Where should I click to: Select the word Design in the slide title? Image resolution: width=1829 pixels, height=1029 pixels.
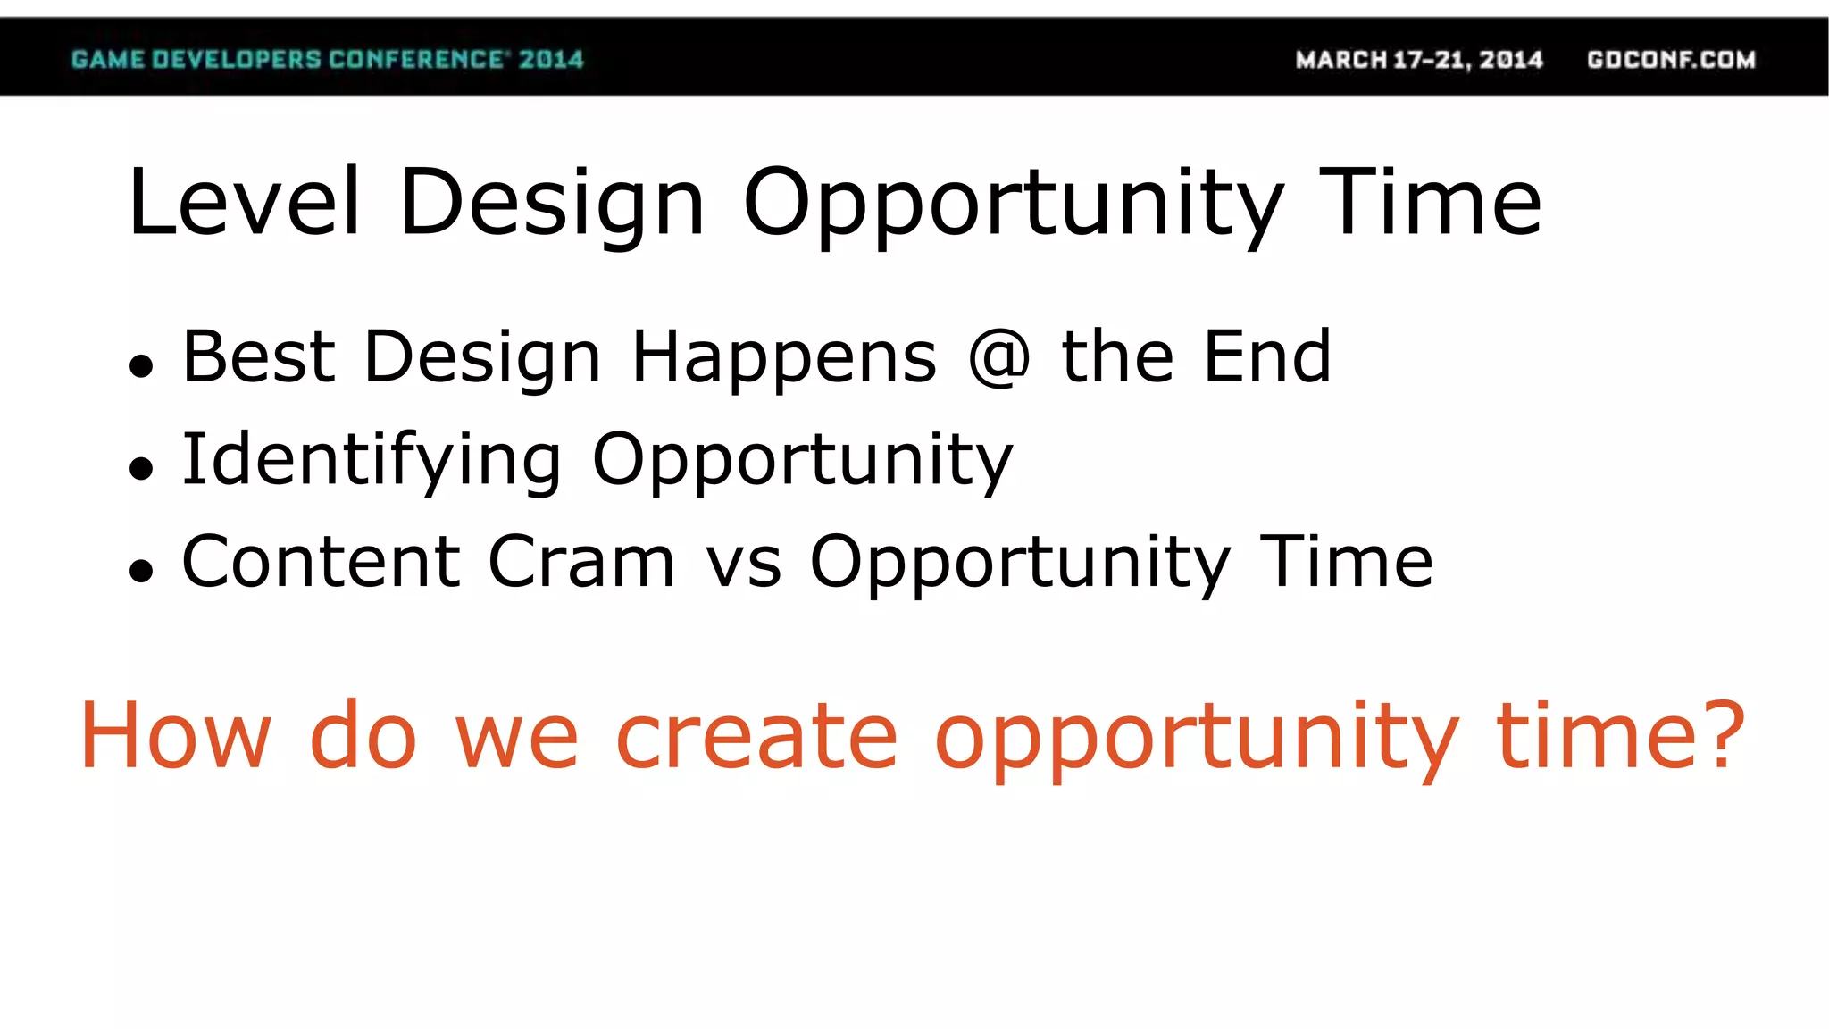(x=552, y=204)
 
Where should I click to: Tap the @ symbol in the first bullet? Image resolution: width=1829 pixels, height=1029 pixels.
(x=999, y=357)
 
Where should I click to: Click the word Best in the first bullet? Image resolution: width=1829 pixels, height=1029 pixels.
(x=259, y=357)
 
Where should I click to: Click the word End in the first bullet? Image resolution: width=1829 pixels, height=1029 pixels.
(x=1266, y=357)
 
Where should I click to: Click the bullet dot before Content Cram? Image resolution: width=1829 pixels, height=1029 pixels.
(x=141, y=570)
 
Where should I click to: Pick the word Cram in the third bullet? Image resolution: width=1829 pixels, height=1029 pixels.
(x=580, y=562)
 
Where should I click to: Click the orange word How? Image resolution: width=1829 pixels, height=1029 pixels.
(x=175, y=735)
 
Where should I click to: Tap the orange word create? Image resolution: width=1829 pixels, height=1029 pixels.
(x=756, y=735)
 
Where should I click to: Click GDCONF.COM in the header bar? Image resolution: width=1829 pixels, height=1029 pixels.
(x=1671, y=60)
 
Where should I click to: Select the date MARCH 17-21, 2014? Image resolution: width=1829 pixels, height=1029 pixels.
(x=1419, y=60)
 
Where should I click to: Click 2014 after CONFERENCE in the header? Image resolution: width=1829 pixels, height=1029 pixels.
(x=551, y=60)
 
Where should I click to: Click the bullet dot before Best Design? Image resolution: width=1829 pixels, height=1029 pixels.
(x=141, y=365)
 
